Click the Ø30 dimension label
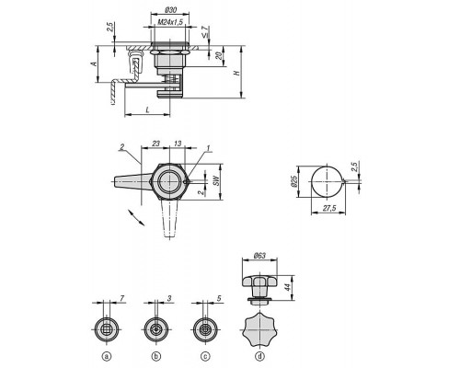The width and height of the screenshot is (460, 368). (x=170, y=10)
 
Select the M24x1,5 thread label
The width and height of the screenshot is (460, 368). (x=170, y=22)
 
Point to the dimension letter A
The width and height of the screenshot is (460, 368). (x=95, y=63)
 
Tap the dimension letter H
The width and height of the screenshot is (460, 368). (x=236, y=73)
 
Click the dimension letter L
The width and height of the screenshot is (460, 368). (x=147, y=109)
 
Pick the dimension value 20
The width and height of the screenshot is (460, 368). (x=218, y=56)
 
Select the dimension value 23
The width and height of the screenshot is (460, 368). (x=156, y=144)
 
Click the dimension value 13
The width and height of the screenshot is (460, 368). (x=178, y=144)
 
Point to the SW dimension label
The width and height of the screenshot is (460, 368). (x=216, y=180)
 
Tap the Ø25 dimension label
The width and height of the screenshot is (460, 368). (x=293, y=181)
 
